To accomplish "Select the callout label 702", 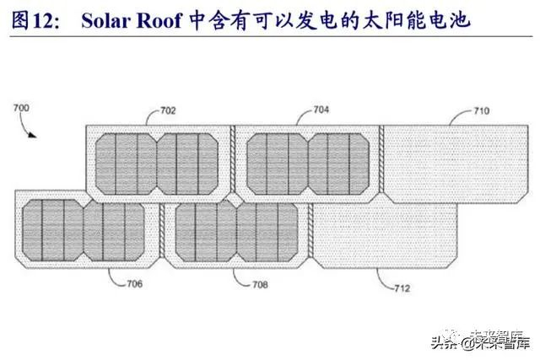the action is (x=168, y=110).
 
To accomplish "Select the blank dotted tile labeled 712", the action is (x=385, y=233).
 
